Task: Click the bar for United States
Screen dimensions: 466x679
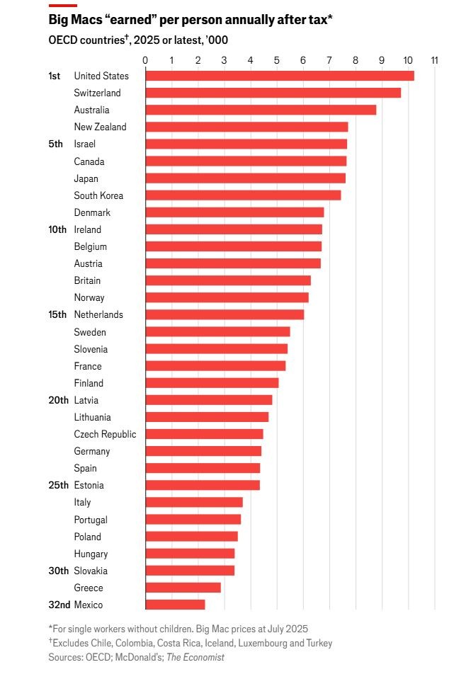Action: (x=280, y=76)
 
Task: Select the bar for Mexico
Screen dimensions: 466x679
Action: (x=176, y=605)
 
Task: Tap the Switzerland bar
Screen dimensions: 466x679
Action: (x=273, y=93)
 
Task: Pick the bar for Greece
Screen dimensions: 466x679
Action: (x=183, y=588)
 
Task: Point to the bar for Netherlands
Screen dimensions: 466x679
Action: (x=225, y=314)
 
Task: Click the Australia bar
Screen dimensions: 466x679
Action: (x=261, y=110)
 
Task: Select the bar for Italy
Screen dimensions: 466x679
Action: (x=194, y=502)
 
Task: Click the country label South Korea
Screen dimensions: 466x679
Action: (x=98, y=195)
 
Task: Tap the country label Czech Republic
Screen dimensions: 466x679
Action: (x=105, y=434)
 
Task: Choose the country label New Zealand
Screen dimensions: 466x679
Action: (x=100, y=127)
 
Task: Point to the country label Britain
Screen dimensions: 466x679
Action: (x=87, y=280)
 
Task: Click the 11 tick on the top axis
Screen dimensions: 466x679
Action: (x=434, y=60)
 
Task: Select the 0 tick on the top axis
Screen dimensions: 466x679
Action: (x=145, y=60)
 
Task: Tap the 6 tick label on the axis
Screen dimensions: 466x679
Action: (x=302, y=60)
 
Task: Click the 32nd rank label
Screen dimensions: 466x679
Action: (x=59, y=605)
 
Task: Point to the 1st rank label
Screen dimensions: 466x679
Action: (x=54, y=76)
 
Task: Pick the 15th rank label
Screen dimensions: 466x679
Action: (x=57, y=314)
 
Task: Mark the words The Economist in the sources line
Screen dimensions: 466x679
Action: (x=195, y=657)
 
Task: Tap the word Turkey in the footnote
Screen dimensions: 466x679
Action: (x=319, y=643)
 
